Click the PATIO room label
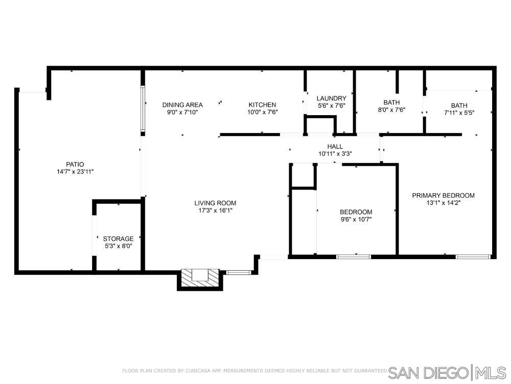click(75, 164)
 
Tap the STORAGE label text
click(119, 239)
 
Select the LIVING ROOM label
click(215, 203)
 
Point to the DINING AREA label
click(182, 105)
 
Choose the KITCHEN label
click(262, 105)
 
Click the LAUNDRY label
click(332, 98)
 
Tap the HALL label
click(335, 146)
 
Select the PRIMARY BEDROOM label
click(443, 195)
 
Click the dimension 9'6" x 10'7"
click(356, 220)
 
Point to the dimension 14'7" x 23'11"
click(75, 172)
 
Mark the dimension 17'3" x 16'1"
click(215, 210)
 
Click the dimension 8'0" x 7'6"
click(391, 110)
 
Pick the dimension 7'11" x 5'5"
click(459, 113)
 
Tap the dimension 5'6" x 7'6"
click(332, 106)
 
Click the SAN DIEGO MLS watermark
click(447, 373)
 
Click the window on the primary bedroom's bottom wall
click(473, 257)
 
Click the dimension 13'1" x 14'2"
click(443, 203)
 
